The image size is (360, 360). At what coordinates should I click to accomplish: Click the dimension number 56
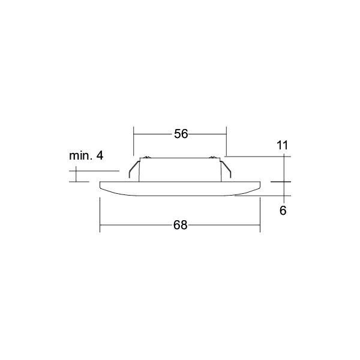coord(181,134)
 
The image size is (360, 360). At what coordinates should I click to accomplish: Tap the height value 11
coord(283,145)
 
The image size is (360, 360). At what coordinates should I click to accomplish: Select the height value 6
coord(283,210)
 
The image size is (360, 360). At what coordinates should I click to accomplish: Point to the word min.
coord(81,156)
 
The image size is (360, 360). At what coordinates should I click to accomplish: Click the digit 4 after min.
coord(100,156)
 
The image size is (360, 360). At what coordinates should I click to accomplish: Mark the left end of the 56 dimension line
coord(133,134)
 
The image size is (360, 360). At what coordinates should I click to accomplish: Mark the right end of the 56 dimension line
coord(226,134)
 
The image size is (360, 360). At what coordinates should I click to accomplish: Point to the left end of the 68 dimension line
coord(100,226)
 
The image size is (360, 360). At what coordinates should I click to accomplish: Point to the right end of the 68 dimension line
coord(260,226)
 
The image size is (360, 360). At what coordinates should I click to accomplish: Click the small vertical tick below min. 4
coord(76,175)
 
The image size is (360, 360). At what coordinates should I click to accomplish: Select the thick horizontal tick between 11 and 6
coord(281,182)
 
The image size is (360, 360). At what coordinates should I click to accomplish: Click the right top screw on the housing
coord(213,158)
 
